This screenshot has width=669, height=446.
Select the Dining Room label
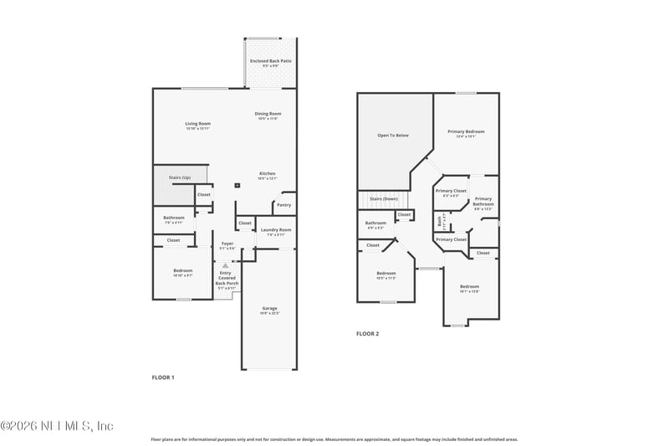[268, 115]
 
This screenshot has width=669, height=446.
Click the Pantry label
[283, 204]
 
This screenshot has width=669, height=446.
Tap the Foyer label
[227, 246]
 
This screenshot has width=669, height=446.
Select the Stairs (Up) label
[180, 177]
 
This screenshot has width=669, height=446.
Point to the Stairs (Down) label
[384, 198]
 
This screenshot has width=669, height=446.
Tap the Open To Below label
[393, 135]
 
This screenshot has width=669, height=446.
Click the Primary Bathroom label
[483, 202]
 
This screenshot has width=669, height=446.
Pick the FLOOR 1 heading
[163, 378]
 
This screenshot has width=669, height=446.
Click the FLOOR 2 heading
[367, 334]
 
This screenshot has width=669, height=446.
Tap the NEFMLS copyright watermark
[57, 426]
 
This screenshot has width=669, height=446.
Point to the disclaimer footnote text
[334, 438]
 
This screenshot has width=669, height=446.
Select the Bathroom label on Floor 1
[174, 220]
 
